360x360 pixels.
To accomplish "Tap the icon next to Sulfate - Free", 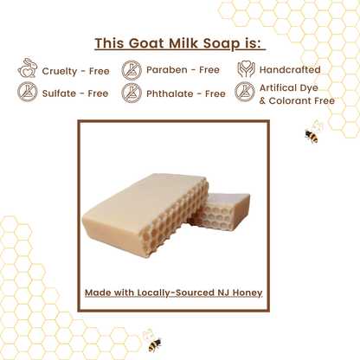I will coord(27,93).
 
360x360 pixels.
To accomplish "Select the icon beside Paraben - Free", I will coord(132,69).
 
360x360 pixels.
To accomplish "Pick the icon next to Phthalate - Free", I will coord(132,93).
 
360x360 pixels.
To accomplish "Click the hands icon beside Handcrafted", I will coord(245,69).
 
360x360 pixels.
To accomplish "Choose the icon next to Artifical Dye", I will coord(245,93).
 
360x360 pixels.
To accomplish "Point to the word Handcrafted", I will coord(290,70).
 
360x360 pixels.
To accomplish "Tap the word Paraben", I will coord(166,70).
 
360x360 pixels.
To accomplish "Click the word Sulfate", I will coord(61,93).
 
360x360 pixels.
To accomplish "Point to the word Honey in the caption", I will coord(245,292).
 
